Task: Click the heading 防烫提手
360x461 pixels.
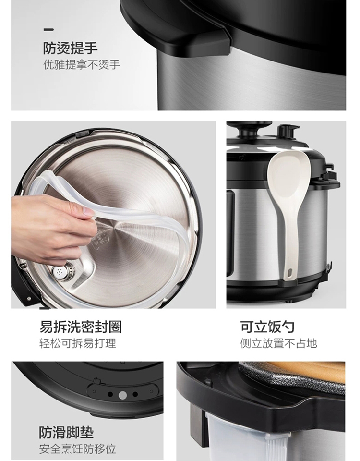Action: coord(70,48)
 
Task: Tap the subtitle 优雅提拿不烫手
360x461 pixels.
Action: coord(82,65)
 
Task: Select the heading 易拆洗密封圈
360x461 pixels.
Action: coord(81,327)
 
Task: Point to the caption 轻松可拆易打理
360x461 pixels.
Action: coord(78,343)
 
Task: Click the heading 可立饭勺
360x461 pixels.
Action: coord(267,327)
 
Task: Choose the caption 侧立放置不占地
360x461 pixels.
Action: coord(278,343)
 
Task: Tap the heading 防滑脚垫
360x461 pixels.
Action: coord(66,433)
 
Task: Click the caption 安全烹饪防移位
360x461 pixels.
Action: coord(78,449)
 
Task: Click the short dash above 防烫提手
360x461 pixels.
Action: coord(48,29)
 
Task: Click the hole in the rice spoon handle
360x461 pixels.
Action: coord(290,272)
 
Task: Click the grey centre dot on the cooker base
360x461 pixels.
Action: coord(122,395)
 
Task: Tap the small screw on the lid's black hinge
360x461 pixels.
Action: coord(29,299)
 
